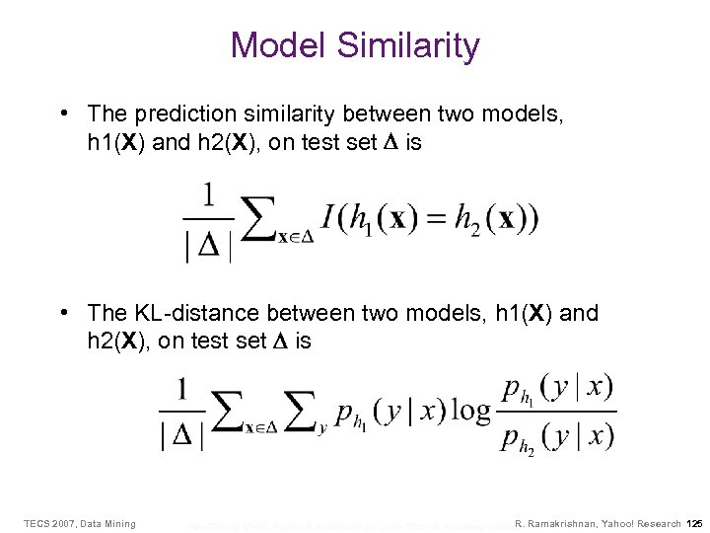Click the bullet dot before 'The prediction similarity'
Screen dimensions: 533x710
tap(63, 115)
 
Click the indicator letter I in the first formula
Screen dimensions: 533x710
tap(327, 219)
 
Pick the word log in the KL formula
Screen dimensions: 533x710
tap(470, 411)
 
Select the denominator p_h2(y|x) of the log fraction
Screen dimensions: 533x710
tap(557, 435)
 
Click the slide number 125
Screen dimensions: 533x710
tap(693, 522)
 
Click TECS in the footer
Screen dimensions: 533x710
tap(37, 522)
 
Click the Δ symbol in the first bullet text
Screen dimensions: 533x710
tap(388, 143)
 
